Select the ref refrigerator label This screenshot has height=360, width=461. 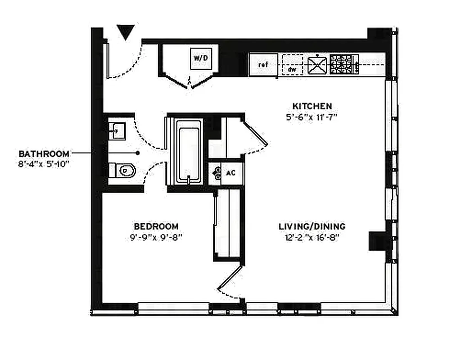click(x=263, y=65)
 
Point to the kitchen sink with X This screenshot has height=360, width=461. click(x=317, y=65)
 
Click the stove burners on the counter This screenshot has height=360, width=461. click(x=344, y=64)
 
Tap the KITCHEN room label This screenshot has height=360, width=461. click(x=312, y=106)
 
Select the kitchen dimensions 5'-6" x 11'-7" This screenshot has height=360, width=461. click(x=312, y=117)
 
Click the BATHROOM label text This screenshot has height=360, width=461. click(x=44, y=153)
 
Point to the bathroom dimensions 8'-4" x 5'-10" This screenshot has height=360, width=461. click(x=44, y=164)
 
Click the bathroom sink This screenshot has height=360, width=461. click(x=117, y=130)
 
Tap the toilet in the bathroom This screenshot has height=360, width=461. click(x=123, y=171)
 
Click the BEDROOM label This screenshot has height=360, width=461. click(x=156, y=226)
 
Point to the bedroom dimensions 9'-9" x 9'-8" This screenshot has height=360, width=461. click(x=156, y=237)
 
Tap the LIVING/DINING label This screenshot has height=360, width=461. click(x=312, y=226)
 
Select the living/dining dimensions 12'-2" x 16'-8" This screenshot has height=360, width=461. click(x=308, y=237)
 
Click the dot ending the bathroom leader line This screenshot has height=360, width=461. click(x=138, y=153)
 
